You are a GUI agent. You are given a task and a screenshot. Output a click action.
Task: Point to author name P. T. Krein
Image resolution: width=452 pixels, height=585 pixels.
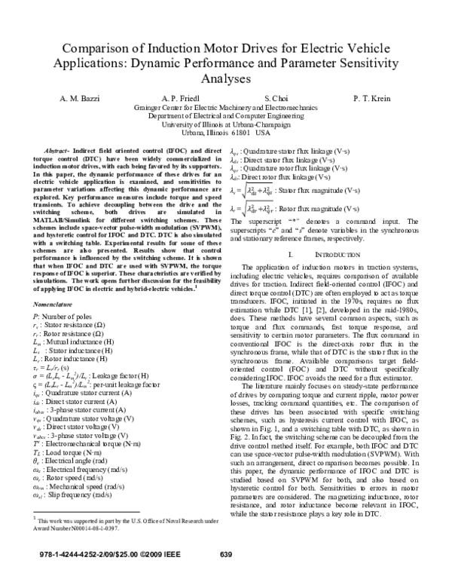tap(377, 99)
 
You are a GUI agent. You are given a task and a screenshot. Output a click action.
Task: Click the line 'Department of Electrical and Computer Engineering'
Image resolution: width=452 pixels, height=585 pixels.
tap(226, 116)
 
